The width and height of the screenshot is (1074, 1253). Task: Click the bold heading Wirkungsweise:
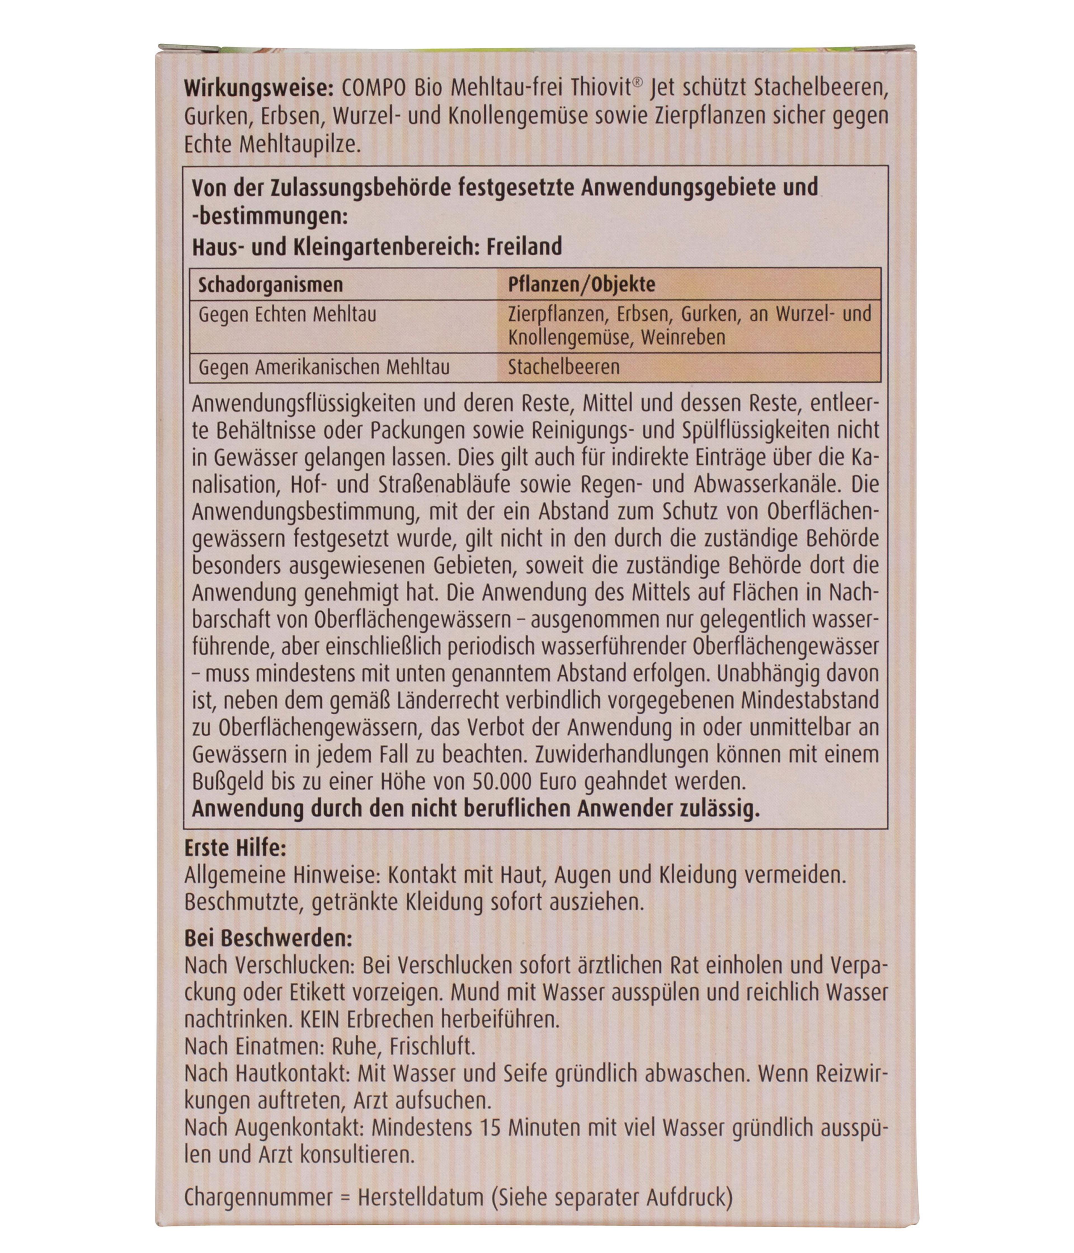coord(259,88)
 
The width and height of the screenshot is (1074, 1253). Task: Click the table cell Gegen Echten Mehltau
coord(287,314)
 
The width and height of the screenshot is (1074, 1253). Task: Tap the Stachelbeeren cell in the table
coord(564,367)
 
